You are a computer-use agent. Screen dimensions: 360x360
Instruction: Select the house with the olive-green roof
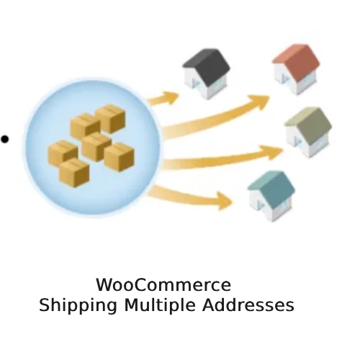click(309, 132)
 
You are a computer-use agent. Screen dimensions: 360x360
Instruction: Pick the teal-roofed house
click(271, 196)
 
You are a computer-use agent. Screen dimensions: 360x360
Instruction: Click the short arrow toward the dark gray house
click(163, 99)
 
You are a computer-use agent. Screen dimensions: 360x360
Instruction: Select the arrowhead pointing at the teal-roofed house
click(224, 201)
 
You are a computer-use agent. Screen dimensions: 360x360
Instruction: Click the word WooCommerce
click(163, 285)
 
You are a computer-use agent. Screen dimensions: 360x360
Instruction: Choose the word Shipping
click(78, 305)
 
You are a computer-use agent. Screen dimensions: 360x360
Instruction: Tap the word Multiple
click(160, 305)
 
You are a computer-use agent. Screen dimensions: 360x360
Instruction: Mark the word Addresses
click(248, 305)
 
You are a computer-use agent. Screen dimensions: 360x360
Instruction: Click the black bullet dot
click(5, 139)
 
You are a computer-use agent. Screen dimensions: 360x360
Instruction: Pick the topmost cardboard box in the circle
click(110, 119)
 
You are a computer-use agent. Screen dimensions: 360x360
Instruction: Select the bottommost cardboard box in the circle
click(74, 172)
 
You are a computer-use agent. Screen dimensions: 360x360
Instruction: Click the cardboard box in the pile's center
click(96, 147)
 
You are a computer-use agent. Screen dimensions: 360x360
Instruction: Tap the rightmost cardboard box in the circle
click(119, 157)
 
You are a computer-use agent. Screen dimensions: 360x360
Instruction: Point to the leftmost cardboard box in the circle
click(63, 153)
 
